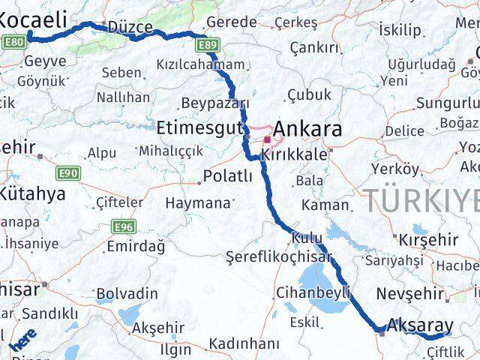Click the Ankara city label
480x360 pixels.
tap(308, 129)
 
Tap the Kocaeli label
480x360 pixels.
tap(34, 17)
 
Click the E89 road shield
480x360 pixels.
tap(208, 46)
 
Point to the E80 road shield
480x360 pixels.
tap(12, 43)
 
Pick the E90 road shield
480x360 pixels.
tap(67, 174)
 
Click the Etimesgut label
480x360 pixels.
tap(199, 126)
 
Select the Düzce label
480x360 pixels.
tap(130, 28)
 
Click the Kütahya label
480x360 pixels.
tap(33, 194)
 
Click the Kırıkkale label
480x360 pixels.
tap(294, 154)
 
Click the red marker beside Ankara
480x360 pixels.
tap(267, 139)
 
